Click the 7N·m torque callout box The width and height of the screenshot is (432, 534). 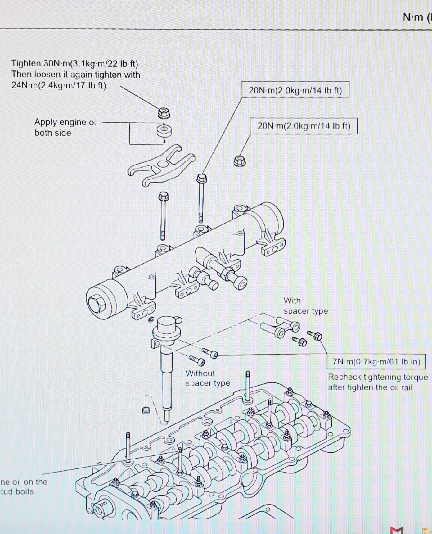(376, 362)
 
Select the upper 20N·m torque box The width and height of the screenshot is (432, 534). (295, 90)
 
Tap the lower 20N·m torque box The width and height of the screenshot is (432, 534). (304, 126)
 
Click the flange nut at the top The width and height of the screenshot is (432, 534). (164, 113)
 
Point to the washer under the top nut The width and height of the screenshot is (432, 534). (164, 131)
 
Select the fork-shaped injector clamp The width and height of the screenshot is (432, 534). (161, 165)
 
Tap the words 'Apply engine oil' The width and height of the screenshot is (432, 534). (66, 122)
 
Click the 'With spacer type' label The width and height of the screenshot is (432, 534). (305, 306)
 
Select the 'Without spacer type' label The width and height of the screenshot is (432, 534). (208, 378)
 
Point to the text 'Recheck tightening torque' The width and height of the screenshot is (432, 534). (378, 377)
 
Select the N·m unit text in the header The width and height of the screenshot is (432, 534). (413, 17)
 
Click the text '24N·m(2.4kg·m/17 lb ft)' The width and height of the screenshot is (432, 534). (59, 85)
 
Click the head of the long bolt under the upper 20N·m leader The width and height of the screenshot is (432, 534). (202, 178)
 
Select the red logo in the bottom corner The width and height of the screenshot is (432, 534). (397, 529)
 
